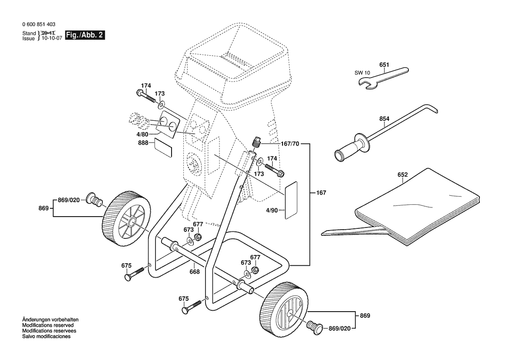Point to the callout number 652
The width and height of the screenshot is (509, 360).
point(402,175)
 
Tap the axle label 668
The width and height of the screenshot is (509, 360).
point(194,272)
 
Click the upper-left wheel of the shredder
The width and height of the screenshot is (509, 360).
point(127,218)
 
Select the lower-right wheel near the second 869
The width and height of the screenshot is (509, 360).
point(284,309)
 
